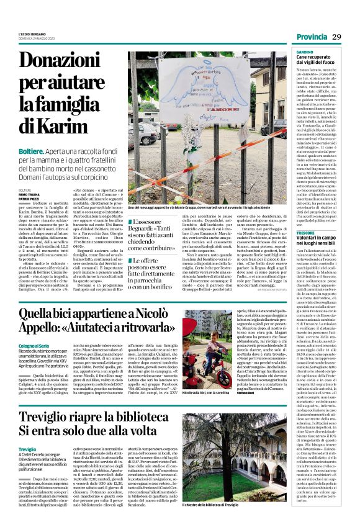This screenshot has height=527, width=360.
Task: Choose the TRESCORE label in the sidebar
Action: [x=305, y=233]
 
